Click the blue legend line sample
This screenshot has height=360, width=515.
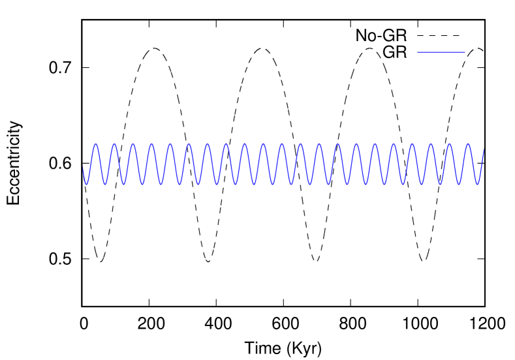tap(441, 52)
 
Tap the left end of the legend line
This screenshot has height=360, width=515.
tap(417, 52)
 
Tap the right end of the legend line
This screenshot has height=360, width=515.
tap(465, 52)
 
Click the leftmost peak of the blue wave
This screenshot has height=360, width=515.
tap(95, 144)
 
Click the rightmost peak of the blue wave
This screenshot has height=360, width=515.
tap(468, 144)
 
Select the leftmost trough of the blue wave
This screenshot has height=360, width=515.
tap(86, 184)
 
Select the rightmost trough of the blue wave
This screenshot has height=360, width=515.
tap(477, 184)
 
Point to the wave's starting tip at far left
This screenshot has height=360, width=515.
tap(83, 168)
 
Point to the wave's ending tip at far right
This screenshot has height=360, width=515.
tap(484, 149)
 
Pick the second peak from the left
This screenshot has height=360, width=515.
tap(114, 144)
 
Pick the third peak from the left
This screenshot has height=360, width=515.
tap(133, 144)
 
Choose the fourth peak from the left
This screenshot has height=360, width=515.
tap(151, 144)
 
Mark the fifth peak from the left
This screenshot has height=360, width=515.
tap(170, 144)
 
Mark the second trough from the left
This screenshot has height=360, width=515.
tap(104, 184)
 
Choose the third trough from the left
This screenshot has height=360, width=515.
tap(123, 184)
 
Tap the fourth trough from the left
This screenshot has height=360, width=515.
tap(142, 184)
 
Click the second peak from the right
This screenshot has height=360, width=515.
tap(449, 144)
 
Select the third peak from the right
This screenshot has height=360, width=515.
tap(431, 144)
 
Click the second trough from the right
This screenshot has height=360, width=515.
tap(459, 184)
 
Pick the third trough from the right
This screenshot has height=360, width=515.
tap(440, 184)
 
